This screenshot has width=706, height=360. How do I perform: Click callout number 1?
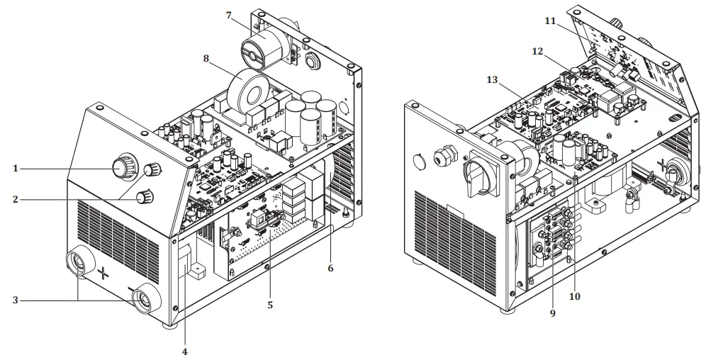click(15, 168)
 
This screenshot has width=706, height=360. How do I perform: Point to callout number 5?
click(270, 306)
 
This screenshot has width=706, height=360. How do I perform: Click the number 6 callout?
click(330, 269)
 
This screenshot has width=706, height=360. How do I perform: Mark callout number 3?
click(15, 300)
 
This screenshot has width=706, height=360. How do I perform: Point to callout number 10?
click(574, 296)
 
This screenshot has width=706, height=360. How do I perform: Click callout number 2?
click(15, 200)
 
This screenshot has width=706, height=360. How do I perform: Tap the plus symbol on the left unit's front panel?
click(103, 273)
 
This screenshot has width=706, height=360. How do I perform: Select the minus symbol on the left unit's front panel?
click(131, 289)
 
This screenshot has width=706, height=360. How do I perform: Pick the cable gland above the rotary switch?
click(448, 153)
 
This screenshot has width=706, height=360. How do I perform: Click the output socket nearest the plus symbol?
click(78, 261)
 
